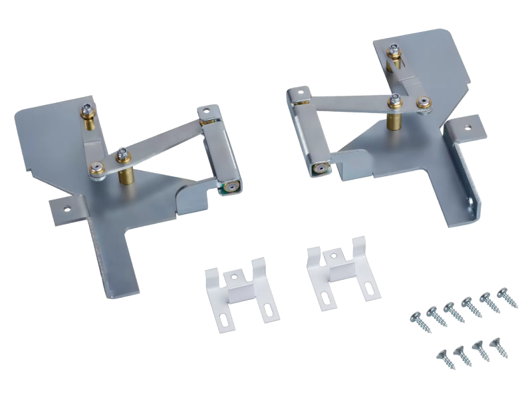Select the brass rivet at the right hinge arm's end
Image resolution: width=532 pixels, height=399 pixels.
423,102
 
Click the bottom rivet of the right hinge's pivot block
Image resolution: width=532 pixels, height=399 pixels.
320,168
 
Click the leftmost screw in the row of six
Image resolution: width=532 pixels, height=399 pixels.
416,318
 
